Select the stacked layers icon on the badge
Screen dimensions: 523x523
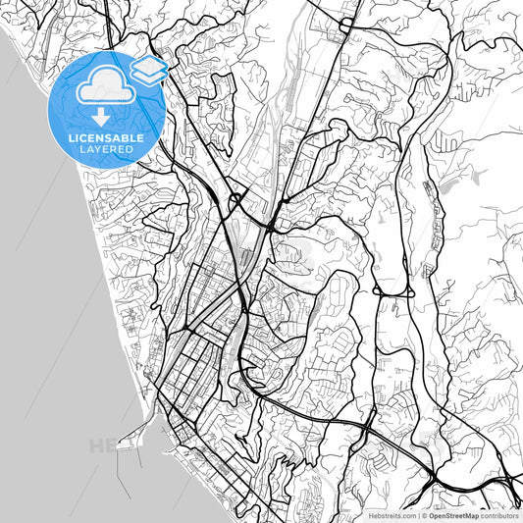tap(149, 68)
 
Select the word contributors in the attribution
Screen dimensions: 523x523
tap(499, 514)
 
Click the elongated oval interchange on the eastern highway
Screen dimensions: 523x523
tap(395, 291)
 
